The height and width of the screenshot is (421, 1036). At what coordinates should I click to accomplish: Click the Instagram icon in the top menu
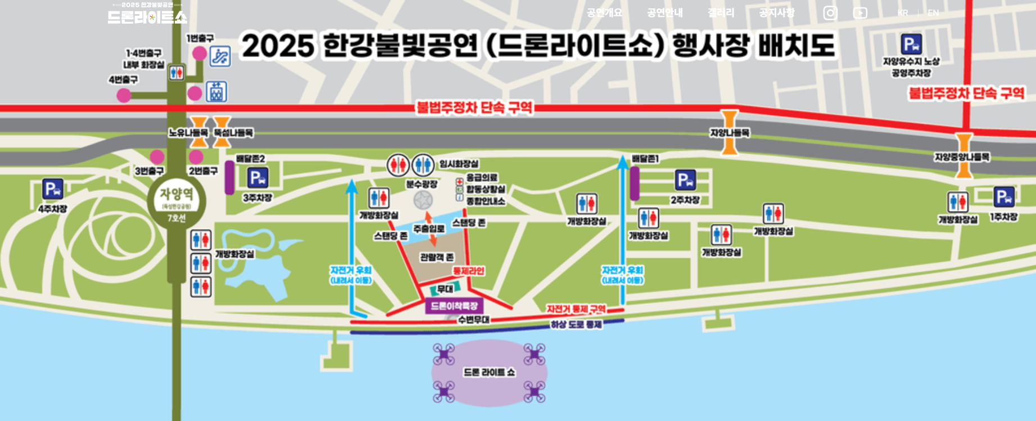(830, 13)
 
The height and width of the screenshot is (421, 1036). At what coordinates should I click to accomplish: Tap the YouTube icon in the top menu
(860, 13)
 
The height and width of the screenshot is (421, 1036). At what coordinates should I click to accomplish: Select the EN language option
(933, 13)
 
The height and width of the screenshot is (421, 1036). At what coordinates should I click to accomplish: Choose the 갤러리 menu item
(721, 13)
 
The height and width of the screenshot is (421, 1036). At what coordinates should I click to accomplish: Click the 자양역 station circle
(177, 200)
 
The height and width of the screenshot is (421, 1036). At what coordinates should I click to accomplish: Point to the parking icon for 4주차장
(53, 189)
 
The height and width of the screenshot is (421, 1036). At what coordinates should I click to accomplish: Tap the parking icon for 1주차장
(1004, 197)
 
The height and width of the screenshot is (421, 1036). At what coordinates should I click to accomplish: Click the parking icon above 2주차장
(685, 180)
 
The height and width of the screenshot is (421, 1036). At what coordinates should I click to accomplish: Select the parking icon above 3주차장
(258, 178)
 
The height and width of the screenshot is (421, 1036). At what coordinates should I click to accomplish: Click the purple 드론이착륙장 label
(454, 306)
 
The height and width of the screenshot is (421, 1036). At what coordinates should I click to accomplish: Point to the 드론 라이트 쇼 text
(489, 373)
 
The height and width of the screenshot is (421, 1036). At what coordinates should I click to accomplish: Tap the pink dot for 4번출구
(124, 95)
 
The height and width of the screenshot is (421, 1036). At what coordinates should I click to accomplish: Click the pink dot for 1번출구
(200, 53)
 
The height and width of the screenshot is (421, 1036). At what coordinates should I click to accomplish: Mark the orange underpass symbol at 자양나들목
(729, 133)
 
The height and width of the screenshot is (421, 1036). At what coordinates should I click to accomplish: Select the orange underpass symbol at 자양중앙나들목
(963, 156)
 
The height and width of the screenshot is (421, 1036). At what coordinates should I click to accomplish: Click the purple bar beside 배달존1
(635, 183)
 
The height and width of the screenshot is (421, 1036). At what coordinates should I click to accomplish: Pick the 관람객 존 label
(437, 257)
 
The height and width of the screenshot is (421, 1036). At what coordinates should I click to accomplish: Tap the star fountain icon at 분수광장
(423, 200)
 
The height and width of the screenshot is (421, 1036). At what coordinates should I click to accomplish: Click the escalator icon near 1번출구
(220, 56)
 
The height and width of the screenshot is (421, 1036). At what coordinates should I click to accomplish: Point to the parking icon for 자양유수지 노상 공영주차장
(911, 44)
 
